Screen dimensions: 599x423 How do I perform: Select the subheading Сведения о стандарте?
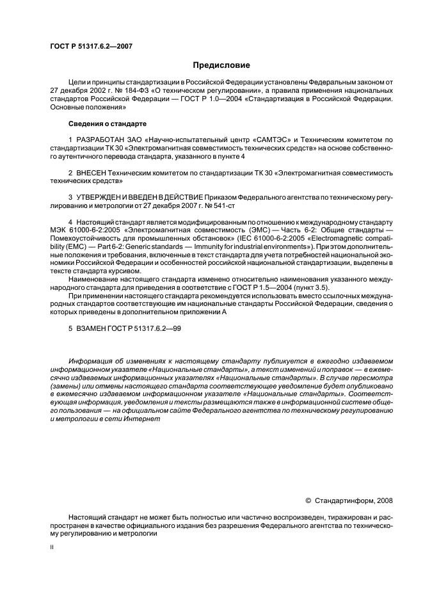[x=107, y=123]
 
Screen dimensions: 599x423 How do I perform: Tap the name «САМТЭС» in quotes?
[x=265, y=140]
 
